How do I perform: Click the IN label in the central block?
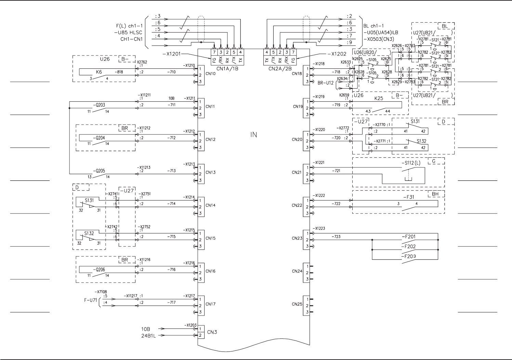pyautogui.click(x=253, y=135)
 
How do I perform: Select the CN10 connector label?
pyautogui.click(x=210, y=74)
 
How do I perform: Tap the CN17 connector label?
pyautogui.click(x=210, y=304)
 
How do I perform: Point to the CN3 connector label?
pyautogui.click(x=212, y=332)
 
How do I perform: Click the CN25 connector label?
pyautogui.click(x=297, y=304)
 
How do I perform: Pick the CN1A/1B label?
pyautogui.click(x=227, y=68)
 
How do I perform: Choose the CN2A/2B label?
pyautogui.click(x=280, y=68)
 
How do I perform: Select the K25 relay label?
pyautogui.click(x=379, y=98)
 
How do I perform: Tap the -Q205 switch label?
pyautogui.click(x=99, y=171)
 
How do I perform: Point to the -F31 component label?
pyautogui.click(x=408, y=197)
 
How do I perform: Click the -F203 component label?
pyautogui.click(x=408, y=256)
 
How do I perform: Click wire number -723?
pyautogui.click(x=336, y=236)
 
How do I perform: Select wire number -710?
pyautogui.click(x=171, y=72)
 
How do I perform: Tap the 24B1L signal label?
pyautogui.click(x=148, y=336)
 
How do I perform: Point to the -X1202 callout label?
pyautogui.click(x=337, y=54)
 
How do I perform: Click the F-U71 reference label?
pyautogui.click(x=90, y=300)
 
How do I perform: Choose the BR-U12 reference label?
pyautogui.click(x=325, y=83)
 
